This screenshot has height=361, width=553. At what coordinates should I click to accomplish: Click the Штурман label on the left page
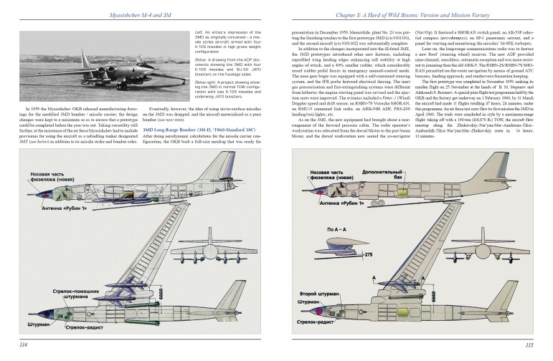click(x=28, y=323)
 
